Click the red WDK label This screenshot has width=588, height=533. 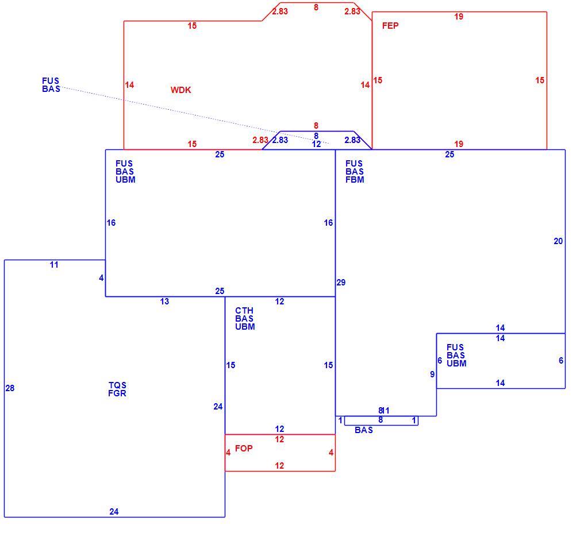click(180, 90)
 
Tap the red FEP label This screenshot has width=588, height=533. click(390, 25)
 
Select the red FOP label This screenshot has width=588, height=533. click(244, 449)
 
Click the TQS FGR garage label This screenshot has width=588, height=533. click(117, 389)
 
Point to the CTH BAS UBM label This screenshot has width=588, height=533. click(245, 319)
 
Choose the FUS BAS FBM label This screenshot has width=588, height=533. click(355, 171)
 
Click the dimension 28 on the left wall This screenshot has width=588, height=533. click(10, 388)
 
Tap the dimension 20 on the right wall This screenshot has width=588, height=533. click(558, 241)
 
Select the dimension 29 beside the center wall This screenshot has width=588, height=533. click(341, 283)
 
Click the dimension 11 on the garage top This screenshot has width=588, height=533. click(54, 265)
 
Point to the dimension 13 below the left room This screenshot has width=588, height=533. click(164, 302)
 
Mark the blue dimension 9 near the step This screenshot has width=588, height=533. click(432, 374)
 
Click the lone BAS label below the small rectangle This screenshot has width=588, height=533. click(364, 430)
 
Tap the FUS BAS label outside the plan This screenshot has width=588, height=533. click(51, 84)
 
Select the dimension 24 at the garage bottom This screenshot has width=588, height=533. click(114, 512)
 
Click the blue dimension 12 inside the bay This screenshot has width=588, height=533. click(316, 144)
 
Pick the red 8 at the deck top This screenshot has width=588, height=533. click(316, 7)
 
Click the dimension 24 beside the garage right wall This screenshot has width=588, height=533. click(218, 407)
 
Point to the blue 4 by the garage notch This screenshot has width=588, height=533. click(101, 278)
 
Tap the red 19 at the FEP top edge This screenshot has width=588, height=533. click(459, 17)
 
